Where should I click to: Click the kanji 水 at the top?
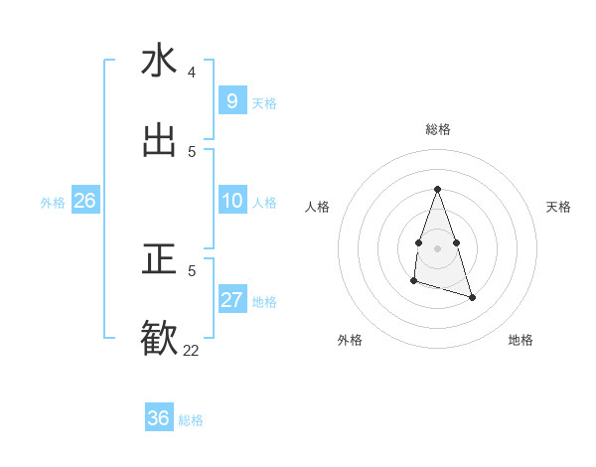[159, 61]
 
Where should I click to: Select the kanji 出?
[159, 141]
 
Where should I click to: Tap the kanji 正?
[159, 259]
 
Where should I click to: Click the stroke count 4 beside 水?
[192, 73]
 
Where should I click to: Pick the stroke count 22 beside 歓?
[191, 350]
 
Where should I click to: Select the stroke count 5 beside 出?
[192, 152]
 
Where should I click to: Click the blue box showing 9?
[231, 101]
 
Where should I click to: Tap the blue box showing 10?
[231, 201]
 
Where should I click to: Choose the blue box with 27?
[231, 300]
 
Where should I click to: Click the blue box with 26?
[84, 201]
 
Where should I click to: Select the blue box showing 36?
[158, 418]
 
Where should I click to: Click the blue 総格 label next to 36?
[191, 420]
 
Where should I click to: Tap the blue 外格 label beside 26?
[53, 203]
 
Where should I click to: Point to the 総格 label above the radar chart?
[437, 129]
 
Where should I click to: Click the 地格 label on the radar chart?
[521, 340]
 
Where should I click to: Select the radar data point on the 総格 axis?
[437, 189]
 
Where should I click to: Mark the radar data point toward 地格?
[472, 297]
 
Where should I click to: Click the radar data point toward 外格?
[413, 282]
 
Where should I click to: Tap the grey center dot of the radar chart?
[437, 246]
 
